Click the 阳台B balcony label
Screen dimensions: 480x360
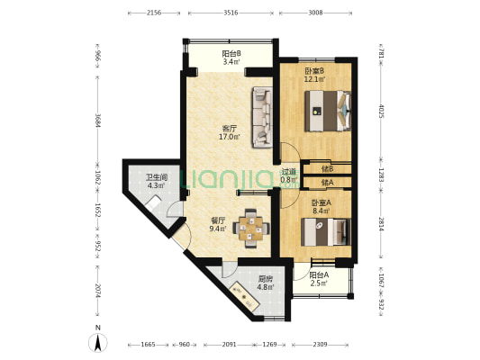point(231,54)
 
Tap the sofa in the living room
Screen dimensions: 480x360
point(262,117)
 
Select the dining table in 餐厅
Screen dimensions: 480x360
point(251,229)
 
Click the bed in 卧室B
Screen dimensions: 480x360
point(328,111)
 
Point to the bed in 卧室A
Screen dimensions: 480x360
point(325,232)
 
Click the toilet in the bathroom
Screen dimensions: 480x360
point(153,203)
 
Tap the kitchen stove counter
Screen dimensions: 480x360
point(245,296)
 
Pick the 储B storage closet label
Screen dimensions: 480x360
point(327,168)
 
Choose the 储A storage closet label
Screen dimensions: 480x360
point(327,183)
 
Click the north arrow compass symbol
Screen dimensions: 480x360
point(98,343)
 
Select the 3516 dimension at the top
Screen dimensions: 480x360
point(231,13)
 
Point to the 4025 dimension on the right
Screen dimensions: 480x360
point(381,111)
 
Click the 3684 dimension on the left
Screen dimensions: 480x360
point(97,121)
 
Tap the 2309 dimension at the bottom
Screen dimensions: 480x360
point(320,345)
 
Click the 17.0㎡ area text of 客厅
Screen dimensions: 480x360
point(230,137)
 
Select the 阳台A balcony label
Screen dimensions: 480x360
point(319,275)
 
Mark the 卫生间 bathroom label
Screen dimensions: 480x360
point(157,177)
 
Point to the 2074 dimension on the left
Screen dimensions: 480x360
point(97,292)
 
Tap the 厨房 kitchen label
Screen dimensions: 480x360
point(266,279)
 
